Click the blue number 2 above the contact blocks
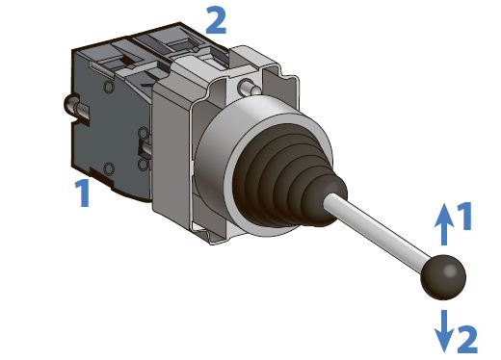pyautogui.click(x=216, y=19)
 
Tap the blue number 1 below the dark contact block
pyautogui.click(x=83, y=193)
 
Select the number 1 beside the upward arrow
pyautogui.click(x=464, y=216)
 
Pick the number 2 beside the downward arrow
pyautogui.click(x=466, y=339)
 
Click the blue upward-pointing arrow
pyautogui.click(x=444, y=224)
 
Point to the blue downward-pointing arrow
pyautogui.click(x=444, y=331)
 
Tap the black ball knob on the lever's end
pyautogui.click(x=443, y=277)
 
